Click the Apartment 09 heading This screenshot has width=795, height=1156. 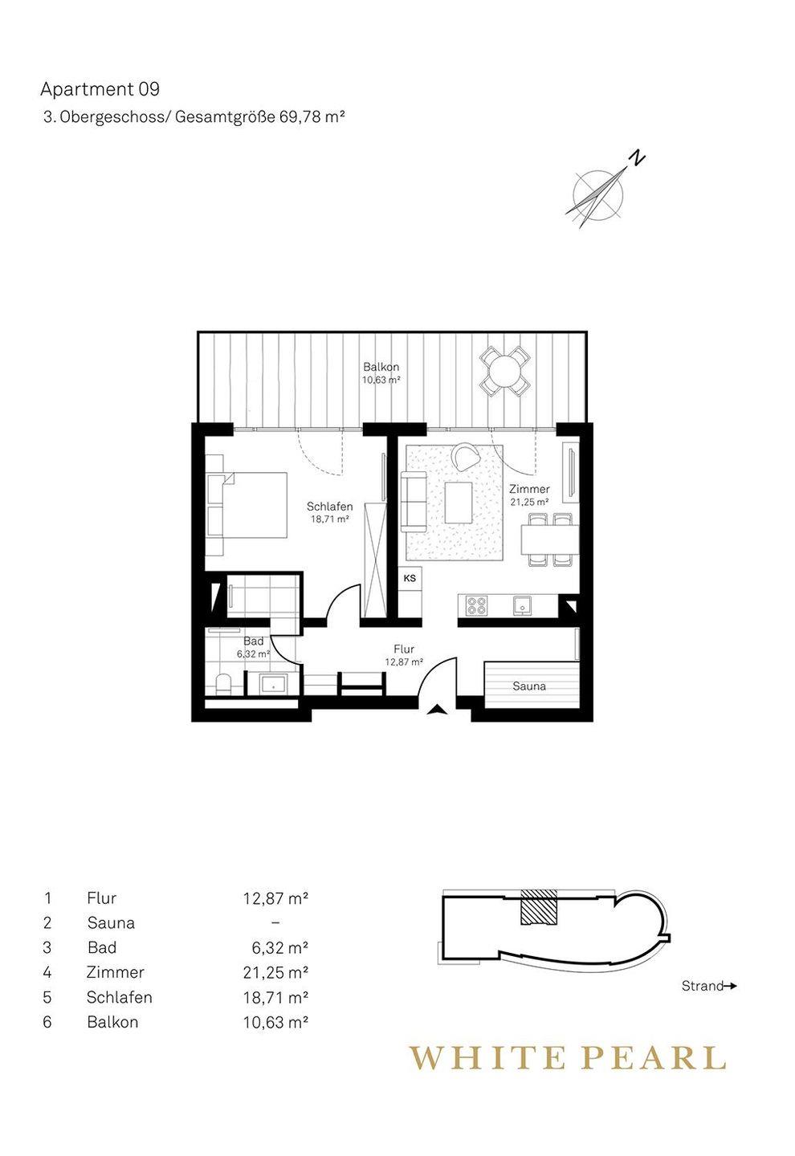pyautogui.click(x=100, y=89)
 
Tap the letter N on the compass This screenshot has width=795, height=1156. pyautogui.click(x=638, y=158)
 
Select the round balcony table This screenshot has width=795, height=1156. pyautogui.click(x=502, y=371)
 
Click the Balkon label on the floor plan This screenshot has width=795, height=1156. pyautogui.click(x=381, y=367)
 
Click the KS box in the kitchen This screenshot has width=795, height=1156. pyautogui.click(x=410, y=578)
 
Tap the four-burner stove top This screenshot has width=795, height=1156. pyautogui.click(x=476, y=605)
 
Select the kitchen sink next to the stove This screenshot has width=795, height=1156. pyautogui.click(x=523, y=604)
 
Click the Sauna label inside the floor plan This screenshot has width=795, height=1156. pyautogui.click(x=529, y=686)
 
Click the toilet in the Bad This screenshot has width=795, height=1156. pyautogui.click(x=222, y=684)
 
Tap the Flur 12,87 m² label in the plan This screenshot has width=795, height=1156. pyautogui.click(x=404, y=655)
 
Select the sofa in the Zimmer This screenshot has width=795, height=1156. pyautogui.click(x=414, y=502)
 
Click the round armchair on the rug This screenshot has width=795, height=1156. pyautogui.click(x=466, y=456)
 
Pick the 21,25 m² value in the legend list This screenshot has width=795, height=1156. pyautogui.click(x=275, y=972)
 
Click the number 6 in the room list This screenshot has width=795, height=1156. pyautogui.click(x=47, y=1022)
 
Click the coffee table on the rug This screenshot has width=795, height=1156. pyautogui.click(x=459, y=503)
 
